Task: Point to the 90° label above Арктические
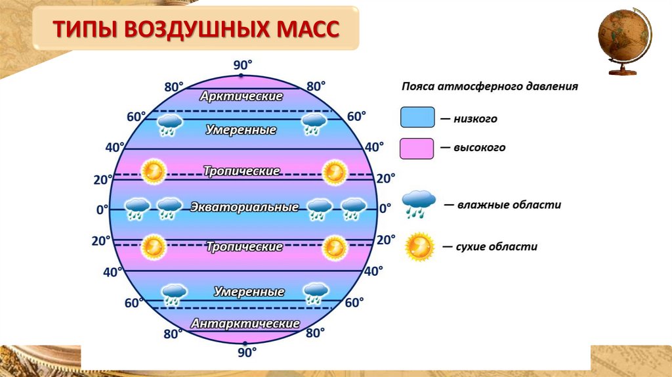[243, 64]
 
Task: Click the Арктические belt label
[241, 97]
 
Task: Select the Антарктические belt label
[245, 324]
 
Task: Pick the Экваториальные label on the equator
[245, 208]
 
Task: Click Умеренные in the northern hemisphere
[240, 129]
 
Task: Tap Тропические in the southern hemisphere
[244, 247]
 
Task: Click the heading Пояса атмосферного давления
[490, 86]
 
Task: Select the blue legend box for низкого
[417, 118]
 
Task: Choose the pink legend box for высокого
[417, 148]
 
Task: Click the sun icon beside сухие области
[419, 248]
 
